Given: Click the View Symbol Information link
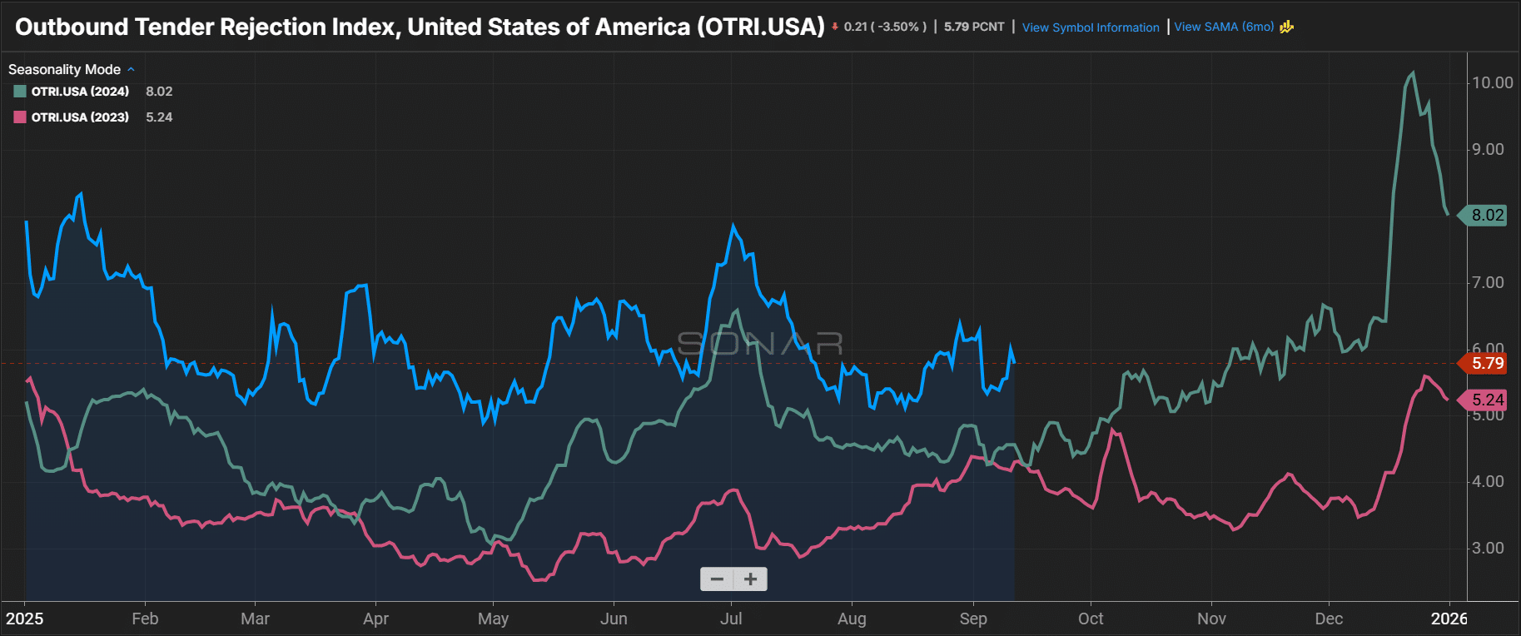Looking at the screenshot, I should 1090,27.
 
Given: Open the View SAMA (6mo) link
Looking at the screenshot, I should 1224,27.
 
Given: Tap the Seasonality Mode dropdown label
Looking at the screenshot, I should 64,70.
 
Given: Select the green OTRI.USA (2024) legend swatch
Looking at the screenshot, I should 20,92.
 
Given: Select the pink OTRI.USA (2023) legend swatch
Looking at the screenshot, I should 20,117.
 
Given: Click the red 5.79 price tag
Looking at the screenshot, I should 1486,363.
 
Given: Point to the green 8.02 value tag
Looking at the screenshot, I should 1487,215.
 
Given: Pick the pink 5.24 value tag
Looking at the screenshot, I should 1487,400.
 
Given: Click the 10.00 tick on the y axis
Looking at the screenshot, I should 1492,82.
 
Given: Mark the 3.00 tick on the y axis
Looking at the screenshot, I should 1488,548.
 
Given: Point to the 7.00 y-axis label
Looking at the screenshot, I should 1488,282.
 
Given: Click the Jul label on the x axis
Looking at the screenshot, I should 731,619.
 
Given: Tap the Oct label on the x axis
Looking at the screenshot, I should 1091,619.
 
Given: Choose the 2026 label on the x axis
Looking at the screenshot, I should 1449,619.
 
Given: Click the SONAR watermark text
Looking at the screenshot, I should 760,343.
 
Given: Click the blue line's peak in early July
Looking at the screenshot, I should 733,225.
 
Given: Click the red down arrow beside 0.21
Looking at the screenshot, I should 835,27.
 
